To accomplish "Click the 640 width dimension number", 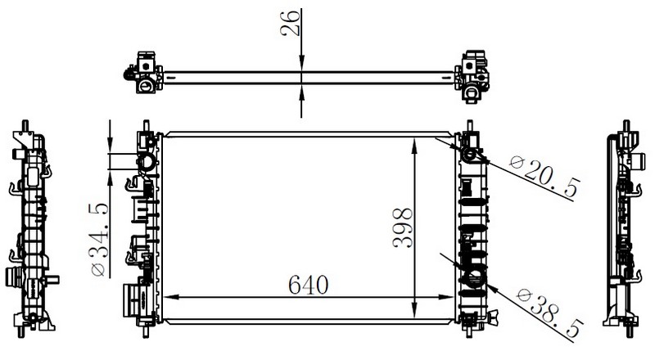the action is [x=309, y=285].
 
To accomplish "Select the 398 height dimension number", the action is [x=403, y=228].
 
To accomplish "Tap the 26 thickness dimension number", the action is [x=291, y=23].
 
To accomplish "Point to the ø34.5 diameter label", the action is [x=99, y=240].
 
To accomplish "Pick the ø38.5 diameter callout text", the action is [x=550, y=312].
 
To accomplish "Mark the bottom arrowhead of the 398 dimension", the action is [x=414, y=310].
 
